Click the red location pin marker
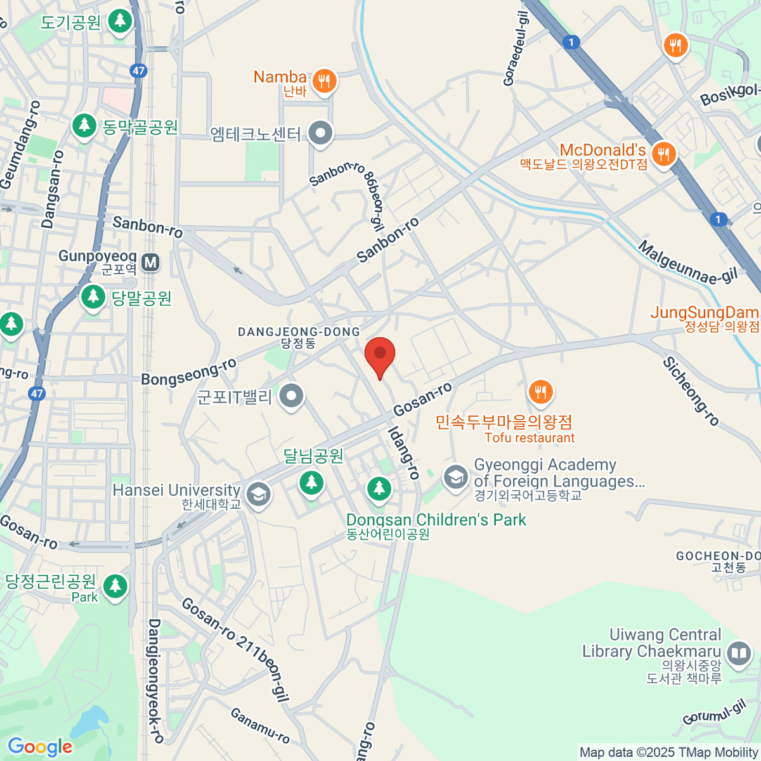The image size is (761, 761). click(x=380, y=355)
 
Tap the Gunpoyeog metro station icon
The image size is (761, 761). click(x=150, y=262)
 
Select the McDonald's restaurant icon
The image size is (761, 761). click(x=663, y=153)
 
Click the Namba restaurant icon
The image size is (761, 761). click(x=324, y=81)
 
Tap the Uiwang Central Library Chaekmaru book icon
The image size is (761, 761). click(x=738, y=653)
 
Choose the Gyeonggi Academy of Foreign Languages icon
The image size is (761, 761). click(x=455, y=477)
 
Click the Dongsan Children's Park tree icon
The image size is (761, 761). click(x=379, y=488)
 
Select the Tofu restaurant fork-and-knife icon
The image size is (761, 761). click(x=540, y=392)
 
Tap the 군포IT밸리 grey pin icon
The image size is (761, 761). click(x=292, y=396)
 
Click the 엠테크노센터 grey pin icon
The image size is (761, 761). click(x=320, y=134)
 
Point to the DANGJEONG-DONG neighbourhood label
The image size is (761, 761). click(x=299, y=332)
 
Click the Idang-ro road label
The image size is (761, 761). click(x=404, y=452)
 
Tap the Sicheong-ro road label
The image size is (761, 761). click(x=691, y=391)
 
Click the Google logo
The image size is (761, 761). click(x=40, y=746)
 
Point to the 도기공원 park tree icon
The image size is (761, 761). click(x=119, y=22)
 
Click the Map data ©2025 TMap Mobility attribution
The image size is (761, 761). click(x=668, y=752)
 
